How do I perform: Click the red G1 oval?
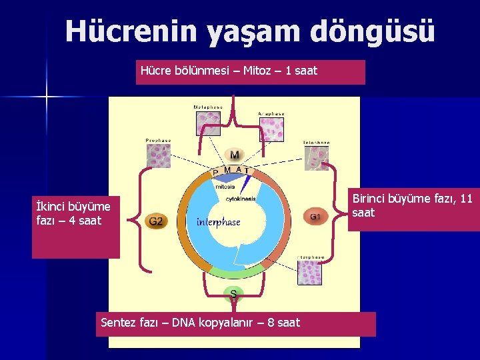(x=315, y=216)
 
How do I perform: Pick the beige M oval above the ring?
(x=235, y=155)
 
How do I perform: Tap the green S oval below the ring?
(x=233, y=293)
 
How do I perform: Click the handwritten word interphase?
(x=218, y=222)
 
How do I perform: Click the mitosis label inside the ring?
(x=225, y=187)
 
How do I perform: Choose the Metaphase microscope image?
(x=208, y=123)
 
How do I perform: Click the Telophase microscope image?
(x=315, y=158)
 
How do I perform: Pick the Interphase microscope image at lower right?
(x=310, y=273)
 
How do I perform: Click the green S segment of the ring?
(x=233, y=271)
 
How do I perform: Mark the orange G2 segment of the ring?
(x=189, y=227)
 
